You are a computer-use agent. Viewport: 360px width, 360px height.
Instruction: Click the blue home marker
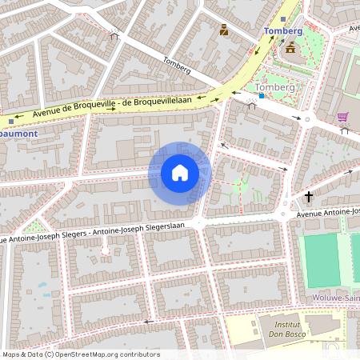180,173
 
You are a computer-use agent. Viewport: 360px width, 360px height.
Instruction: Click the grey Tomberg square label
275,87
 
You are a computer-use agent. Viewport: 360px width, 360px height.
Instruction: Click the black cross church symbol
308,196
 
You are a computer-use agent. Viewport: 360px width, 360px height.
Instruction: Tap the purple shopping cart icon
342,118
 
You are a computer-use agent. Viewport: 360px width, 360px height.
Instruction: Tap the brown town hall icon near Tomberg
290,48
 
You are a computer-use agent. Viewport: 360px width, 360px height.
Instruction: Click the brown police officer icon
223,30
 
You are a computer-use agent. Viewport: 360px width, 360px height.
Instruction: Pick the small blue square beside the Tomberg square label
260,95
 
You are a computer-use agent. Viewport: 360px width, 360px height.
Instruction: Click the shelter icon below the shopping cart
345,130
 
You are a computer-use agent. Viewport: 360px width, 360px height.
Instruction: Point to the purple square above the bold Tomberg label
282,18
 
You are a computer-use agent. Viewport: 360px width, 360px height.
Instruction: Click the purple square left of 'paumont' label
10,122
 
